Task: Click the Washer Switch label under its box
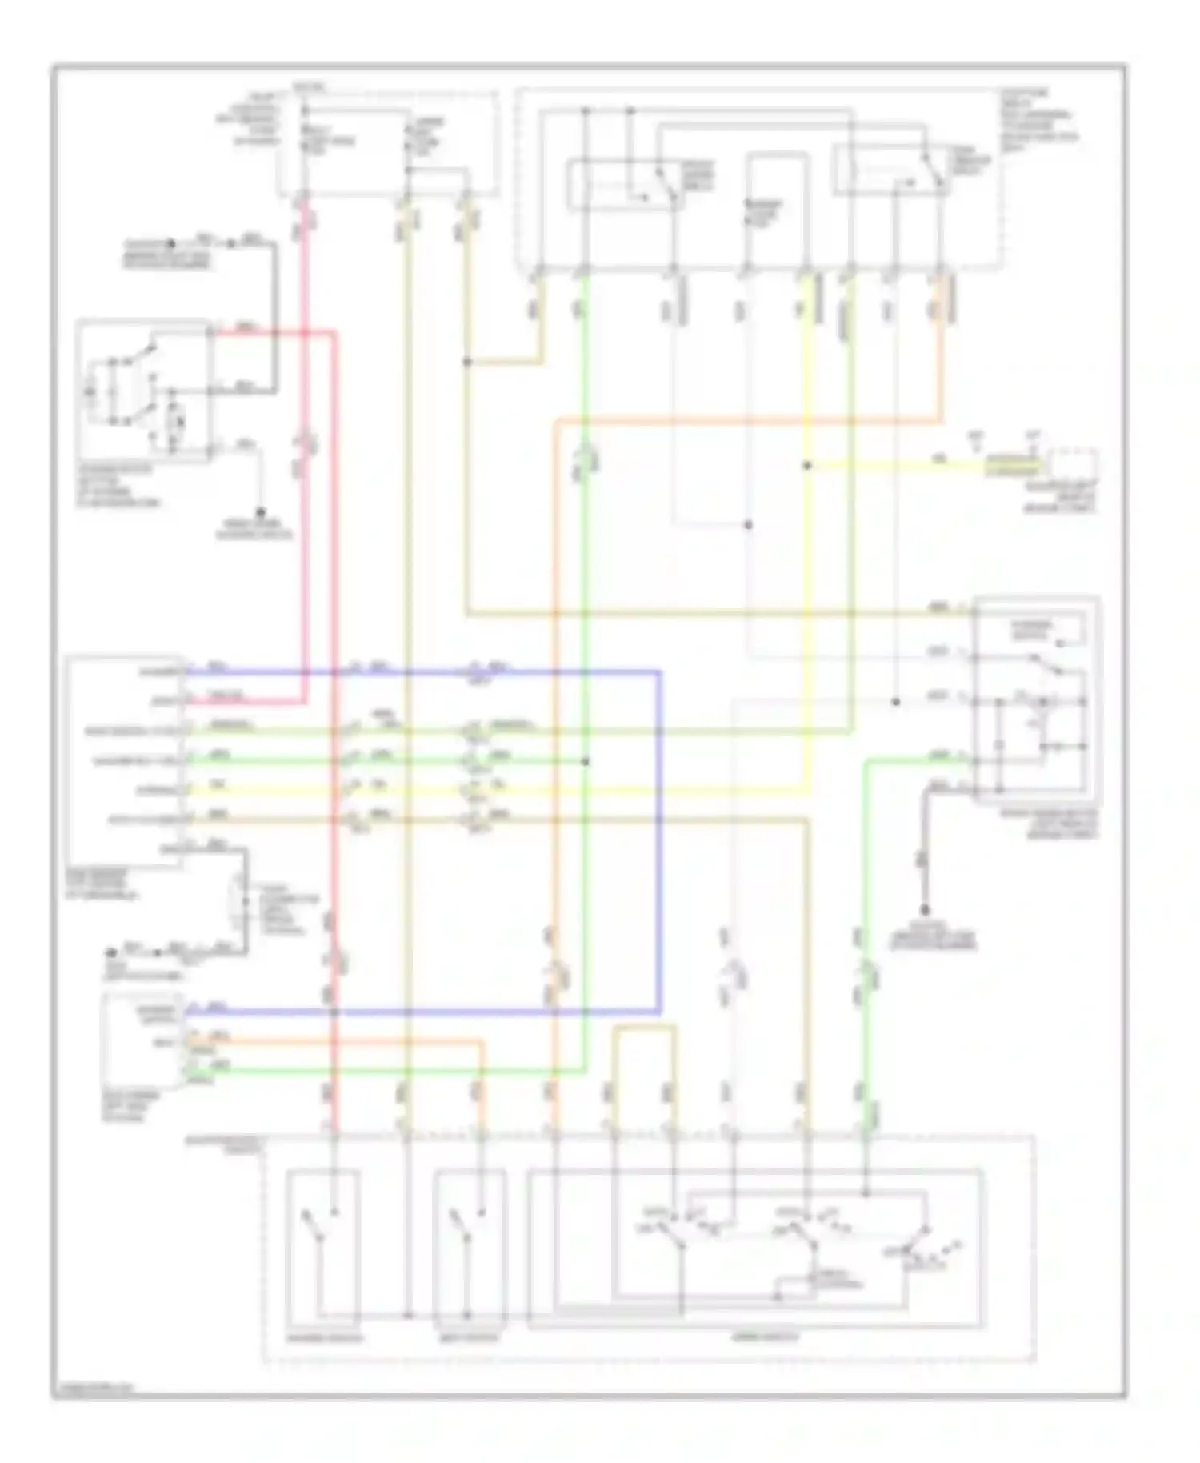tap(323, 1337)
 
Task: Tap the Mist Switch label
tap(470, 1337)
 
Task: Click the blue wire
tap(661, 840)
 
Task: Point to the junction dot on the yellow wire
tap(807, 465)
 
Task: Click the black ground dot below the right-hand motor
tap(925, 910)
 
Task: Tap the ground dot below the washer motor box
tap(261, 512)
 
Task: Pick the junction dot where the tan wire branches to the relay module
tap(467, 363)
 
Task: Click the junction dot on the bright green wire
tap(586, 761)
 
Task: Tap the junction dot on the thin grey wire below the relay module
tap(748, 525)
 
